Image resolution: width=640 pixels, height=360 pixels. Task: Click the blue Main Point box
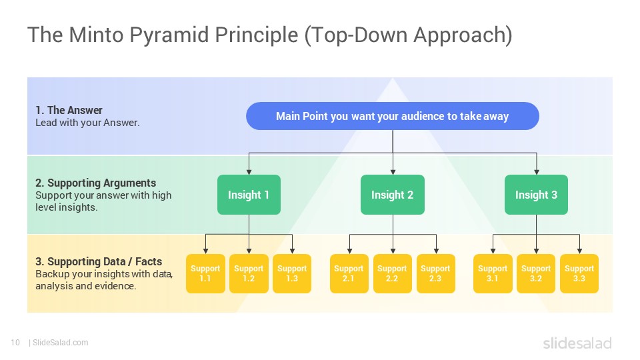tap(392, 116)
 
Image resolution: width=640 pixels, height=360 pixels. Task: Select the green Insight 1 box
tap(249, 195)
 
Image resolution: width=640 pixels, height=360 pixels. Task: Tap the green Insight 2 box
tap(392, 195)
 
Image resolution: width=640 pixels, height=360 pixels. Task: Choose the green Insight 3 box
tap(536, 195)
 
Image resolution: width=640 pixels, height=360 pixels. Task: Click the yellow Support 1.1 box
tap(205, 273)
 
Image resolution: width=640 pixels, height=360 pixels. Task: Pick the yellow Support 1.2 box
tap(249, 273)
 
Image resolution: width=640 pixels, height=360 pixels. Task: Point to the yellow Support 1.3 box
tap(292, 273)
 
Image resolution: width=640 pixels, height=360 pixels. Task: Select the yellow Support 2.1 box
tap(349, 273)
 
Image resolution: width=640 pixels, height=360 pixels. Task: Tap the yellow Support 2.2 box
tap(392, 273)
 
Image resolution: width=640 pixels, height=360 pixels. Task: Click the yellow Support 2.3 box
tap(435, 273)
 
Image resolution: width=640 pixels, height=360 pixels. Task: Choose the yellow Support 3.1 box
tap(493, 273)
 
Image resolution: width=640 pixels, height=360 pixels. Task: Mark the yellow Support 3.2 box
tap(536, 273)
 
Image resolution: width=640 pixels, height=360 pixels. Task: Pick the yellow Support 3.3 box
tap(579, 273)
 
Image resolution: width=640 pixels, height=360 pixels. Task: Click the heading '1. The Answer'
tap(69, 110)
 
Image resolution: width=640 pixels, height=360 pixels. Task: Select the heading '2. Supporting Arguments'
tap(95, 183)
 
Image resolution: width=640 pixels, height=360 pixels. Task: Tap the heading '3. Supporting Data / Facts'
tap(99, 261)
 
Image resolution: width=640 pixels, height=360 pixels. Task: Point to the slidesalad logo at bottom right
tap(577, 343)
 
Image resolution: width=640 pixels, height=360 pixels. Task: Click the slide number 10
tap(15, 343)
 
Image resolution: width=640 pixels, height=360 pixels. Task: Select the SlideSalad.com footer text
tap(60, 343)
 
